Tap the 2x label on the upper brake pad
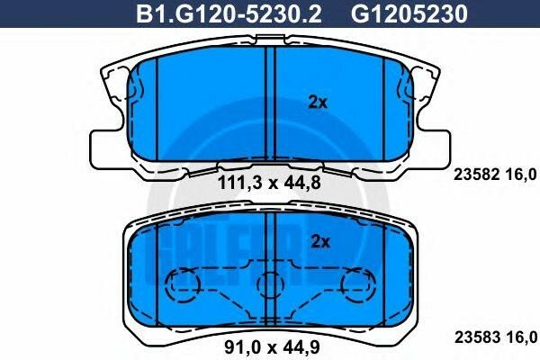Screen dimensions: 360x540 point(317,103)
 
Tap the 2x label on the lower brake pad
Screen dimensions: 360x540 point(320,240)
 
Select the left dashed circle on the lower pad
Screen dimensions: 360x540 point(185,286)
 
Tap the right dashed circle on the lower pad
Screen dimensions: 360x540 point(356,286)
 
